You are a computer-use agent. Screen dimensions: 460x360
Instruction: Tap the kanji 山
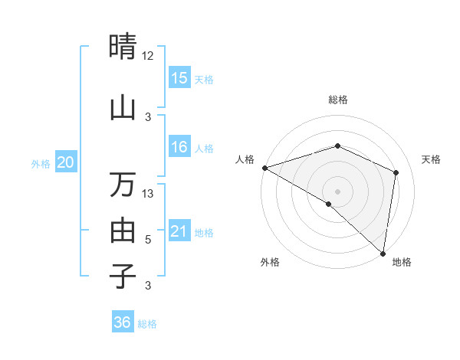tap(123, 108)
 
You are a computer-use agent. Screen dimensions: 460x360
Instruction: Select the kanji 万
tap(123, 185)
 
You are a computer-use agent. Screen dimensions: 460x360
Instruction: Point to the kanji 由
tap(123, 230)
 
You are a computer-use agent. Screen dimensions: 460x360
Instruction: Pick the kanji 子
tap(123, 276)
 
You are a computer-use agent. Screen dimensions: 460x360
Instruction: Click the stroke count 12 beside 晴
tap(148, 56)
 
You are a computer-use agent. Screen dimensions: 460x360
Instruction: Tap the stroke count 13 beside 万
tap(149, 194)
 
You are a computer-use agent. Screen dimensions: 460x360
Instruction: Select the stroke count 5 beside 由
tap(149, 240)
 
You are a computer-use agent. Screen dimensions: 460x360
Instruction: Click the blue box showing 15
tap(179, 78)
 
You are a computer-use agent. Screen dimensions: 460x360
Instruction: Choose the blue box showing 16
tap(179, 147)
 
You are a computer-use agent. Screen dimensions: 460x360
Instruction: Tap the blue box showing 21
tap(179, 231)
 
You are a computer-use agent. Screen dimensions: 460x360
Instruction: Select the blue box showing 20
tap(66, 162)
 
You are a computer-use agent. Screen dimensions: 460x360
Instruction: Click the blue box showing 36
tap(123, 322)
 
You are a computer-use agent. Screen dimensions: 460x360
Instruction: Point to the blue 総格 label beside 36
tap(147, 324)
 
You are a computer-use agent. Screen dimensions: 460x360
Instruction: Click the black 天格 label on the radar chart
tap(431, 159)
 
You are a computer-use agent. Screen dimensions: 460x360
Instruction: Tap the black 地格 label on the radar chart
tap(402, 262)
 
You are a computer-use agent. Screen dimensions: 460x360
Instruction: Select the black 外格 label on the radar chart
tap(270, 262)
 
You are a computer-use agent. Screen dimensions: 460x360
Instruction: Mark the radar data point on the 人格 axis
tap(264, 168)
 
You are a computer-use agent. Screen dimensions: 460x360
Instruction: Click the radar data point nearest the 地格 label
tap(383, 253)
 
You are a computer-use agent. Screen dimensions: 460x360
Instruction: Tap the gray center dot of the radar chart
tap(337, 191)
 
